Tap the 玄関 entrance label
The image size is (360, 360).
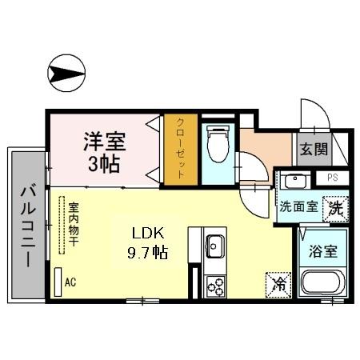pyautogui.click(x=314, y=149)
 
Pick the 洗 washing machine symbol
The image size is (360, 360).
pyautogui.click(x=335, y=206)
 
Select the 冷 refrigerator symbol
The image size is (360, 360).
pyautogui.click(x=278, y=283)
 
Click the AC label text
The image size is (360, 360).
pyautogui.click(x=70, y=282)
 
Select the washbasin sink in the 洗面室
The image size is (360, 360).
pyautogui.click(x=294, y=180)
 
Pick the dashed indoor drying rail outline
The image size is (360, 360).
pyautogui.click(x=60, y=226)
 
